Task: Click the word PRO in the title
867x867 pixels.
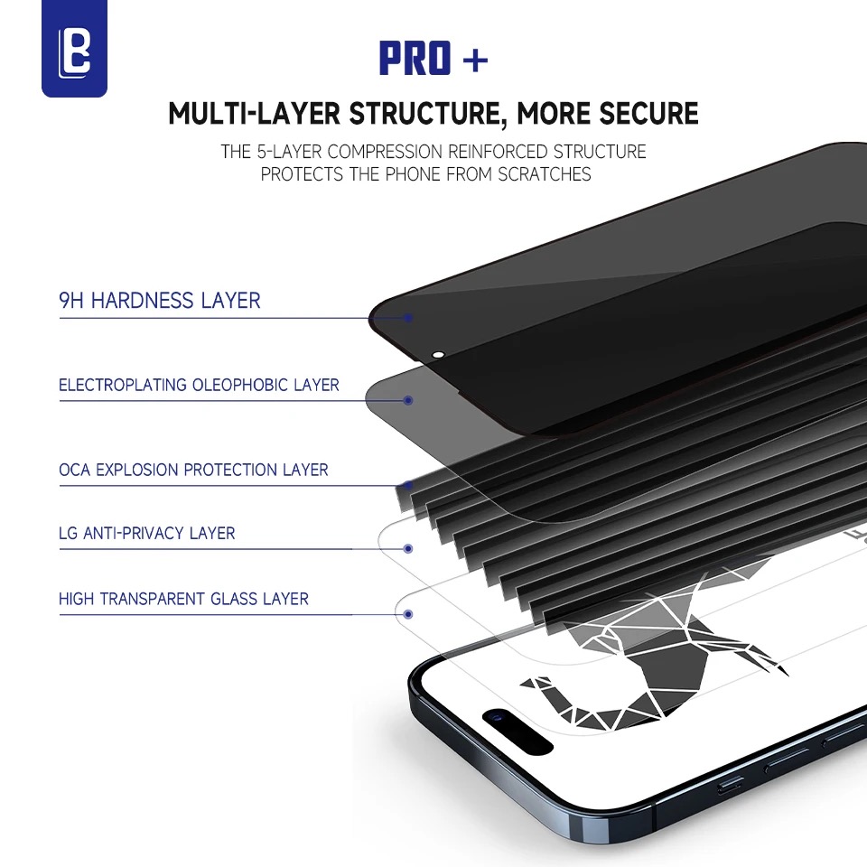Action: click(x=415, y=61)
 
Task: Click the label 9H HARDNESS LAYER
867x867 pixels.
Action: click(x=160, y=301)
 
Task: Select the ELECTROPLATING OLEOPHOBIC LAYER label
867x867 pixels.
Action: click(x=199, y=385)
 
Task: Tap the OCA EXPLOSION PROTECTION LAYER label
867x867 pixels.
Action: click(x=193, y=470)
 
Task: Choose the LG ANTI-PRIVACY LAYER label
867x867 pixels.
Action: click(x=146, y=533)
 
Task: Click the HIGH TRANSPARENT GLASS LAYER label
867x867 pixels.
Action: click(x=183, y=599)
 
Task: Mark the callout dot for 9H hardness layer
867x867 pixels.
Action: click(x=408, y=318)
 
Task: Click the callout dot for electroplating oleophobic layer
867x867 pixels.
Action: click(x=408, y=400)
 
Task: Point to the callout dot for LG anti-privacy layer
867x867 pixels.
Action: click(x=408, y=548)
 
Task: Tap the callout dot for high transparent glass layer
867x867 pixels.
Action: click(x=408, y=614)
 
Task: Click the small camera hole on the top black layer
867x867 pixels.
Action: click(x=440, y=355)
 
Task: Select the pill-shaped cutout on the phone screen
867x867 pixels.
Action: click(x=517, y=732)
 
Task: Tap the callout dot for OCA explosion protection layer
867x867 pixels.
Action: click(x=409, y=486)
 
